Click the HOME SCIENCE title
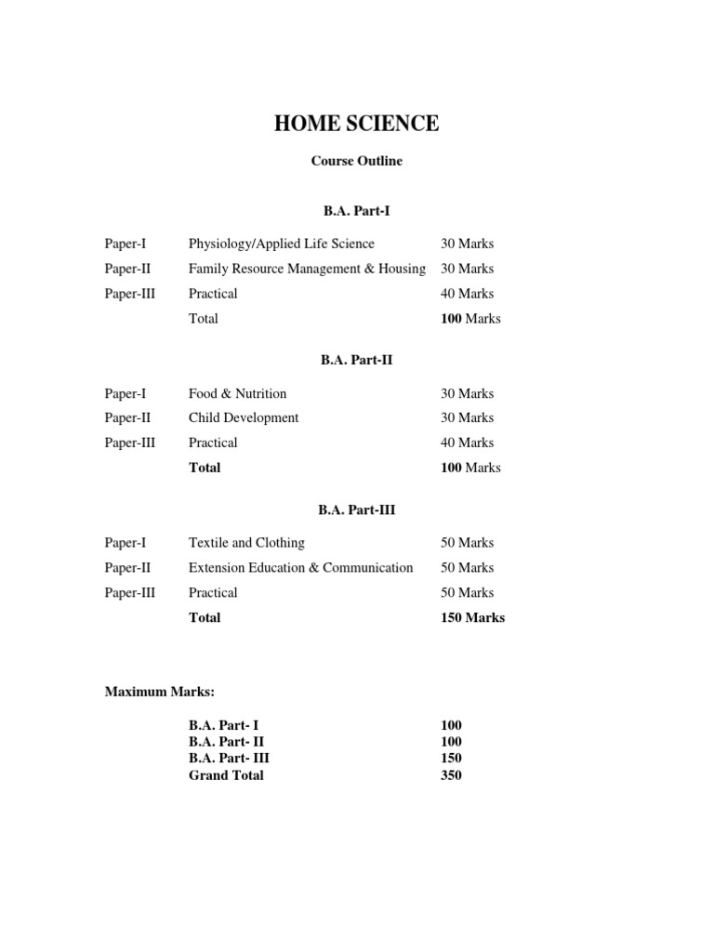click(x=356, y=125)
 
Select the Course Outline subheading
click(x=356, y=161)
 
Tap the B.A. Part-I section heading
click(x=356, y=211)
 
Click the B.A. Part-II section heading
click(x=356, y=360)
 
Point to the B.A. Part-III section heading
click(x=356, y=509)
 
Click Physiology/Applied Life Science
click(x=281, y=244)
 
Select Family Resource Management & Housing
click(x=307, y=269)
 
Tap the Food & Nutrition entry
click(x=237, y=393)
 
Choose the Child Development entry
click(x=244, y=418)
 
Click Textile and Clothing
click(x=246, y=543)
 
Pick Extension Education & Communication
click(x=300, y=568)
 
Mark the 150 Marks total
click(x=472, y=617)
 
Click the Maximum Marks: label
click(x=160, y=692)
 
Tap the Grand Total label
click(x=226, y=775)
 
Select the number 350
click(x=451, y=775)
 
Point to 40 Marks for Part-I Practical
click(x=467, y=294)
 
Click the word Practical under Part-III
click(x=213, y=593)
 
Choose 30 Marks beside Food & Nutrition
click(x=467, y=393)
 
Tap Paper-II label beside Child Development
click(x=127, y=418)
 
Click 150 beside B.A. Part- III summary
click(x=451, y=759)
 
